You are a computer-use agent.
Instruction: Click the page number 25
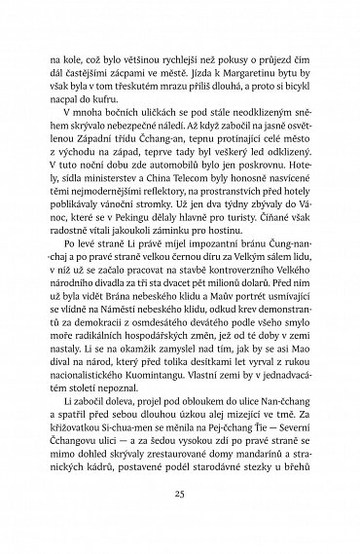pyautogui.click(x=179, y=519)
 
